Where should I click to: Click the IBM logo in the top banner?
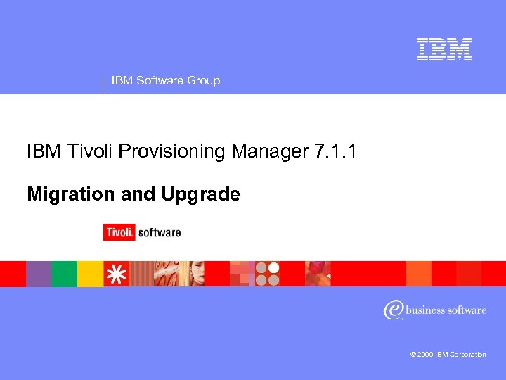click(443, 49)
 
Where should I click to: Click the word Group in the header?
click(204, 81)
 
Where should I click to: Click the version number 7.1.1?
click(332, 151)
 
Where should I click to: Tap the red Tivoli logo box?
click(119, 232)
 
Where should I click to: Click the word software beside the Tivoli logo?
click(160, 232)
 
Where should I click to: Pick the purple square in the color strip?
click(39, 274)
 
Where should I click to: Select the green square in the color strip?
click(64, 274)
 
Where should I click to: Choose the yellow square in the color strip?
click(89, 274)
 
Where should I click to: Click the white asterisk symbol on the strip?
click(116, 274)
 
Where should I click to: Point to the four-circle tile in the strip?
click(267, 274)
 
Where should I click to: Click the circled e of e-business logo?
click(393, 310)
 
